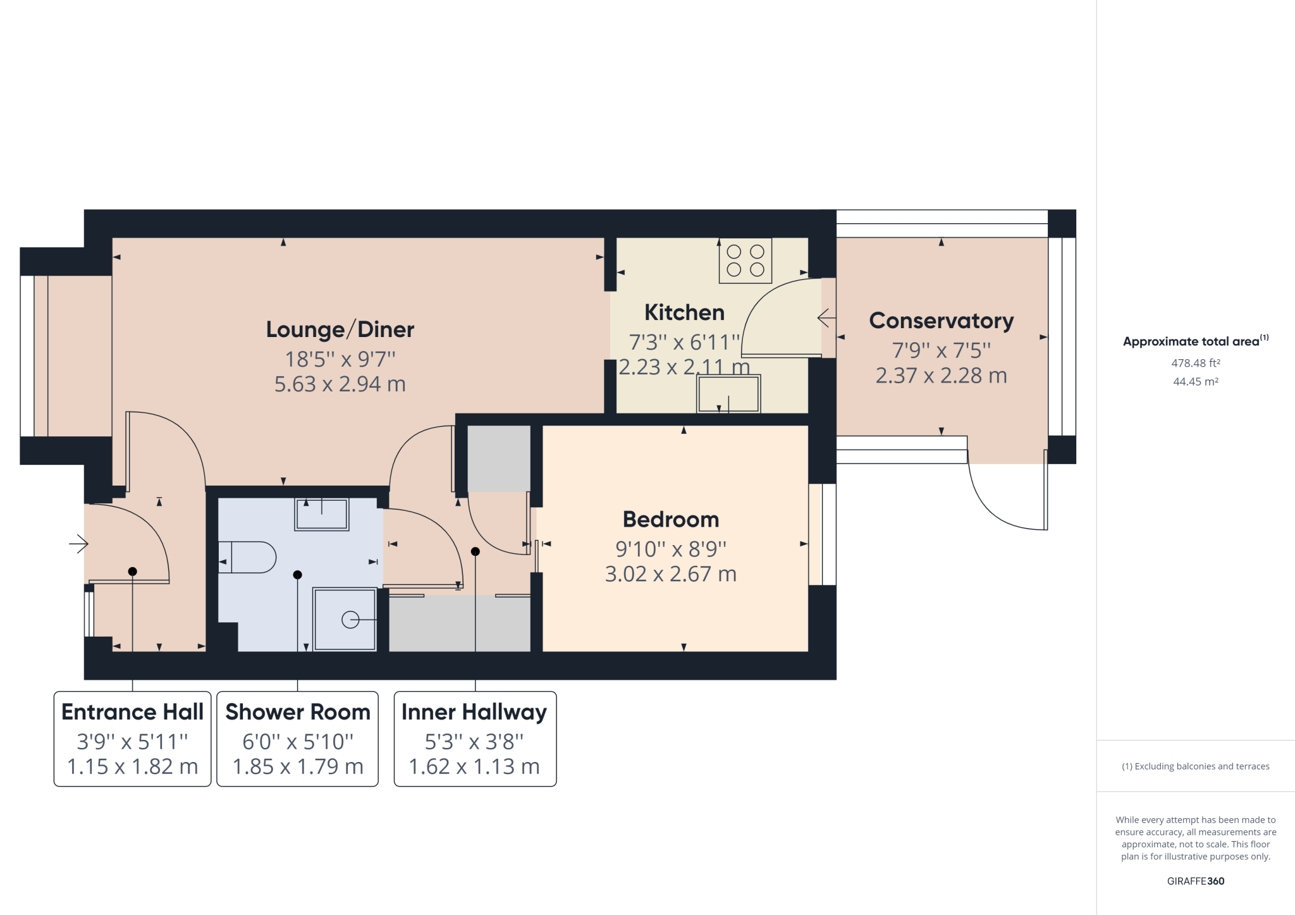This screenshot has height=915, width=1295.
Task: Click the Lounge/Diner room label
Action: click(340, 329)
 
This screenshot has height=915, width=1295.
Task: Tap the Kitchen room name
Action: click(684, 312)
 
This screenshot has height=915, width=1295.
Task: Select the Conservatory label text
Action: click(941, 321)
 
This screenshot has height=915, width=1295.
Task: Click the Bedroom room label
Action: click(671, 519)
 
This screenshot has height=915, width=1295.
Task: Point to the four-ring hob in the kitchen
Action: click(745, 261)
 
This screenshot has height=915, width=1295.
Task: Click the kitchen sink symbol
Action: click(728, 394)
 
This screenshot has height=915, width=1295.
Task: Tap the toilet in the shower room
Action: click(248, 557)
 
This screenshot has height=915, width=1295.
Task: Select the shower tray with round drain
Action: click(346, 619)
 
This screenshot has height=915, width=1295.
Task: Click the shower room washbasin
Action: click(322, 513)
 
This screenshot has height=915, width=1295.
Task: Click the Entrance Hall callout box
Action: click(132, 739)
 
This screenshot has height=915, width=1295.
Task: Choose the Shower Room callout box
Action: click(298, 739)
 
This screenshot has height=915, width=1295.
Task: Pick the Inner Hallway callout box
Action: click(475, 739)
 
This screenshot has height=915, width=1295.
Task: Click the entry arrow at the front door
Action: click(78, 543)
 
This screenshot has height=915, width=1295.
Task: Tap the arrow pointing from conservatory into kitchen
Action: click(826, 317)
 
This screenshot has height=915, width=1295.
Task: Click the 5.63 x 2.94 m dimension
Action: click(340, 384)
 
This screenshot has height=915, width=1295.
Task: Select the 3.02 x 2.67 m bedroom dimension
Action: click(671, 574)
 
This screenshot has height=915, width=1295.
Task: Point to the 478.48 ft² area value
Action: click(1195, 363)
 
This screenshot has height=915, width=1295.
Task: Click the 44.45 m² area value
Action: click(1195, 381)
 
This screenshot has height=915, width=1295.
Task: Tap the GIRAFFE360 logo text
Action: click(1195, 881)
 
